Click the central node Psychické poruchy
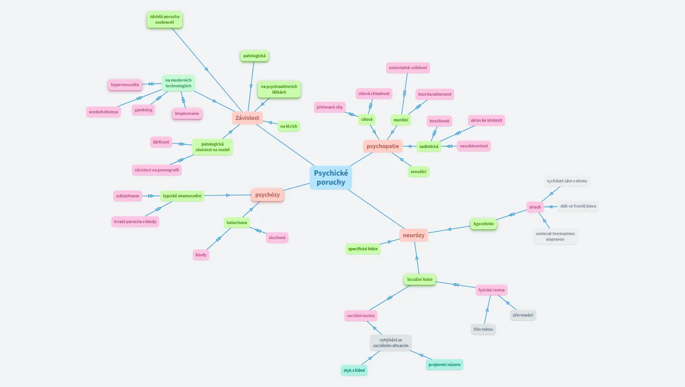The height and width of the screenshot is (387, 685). pyautogui.click(x=330, y=177)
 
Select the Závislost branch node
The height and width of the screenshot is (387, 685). pyautogui.click(x=247, y=118)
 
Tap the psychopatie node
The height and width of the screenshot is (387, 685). pyautogui.click(x=383, y=146)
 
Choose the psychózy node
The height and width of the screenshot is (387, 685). pyautogui.click(x=267, y=195)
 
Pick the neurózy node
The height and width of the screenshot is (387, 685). pyautogui.click(x=414, y=235)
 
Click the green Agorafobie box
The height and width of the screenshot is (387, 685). pyautogui.click(x=484, y=224)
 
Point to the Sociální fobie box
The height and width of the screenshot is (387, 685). pyautogui.click(x=420, y=279)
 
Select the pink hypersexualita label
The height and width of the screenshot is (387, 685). pyautogui.click(x=125, y=85)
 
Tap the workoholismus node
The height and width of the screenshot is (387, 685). pyautogui.click(x=103, y=112)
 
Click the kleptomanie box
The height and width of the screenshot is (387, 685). pyautogui.click(x=187, y=113)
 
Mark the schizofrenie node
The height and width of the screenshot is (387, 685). pyautogui.click(x=128, y=196)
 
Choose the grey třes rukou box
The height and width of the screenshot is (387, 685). pyautogui.click(x=484, y=330)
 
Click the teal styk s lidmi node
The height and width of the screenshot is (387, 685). pyautogui.click(x=354, y=370)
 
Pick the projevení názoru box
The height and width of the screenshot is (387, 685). pyautogui.click(x=444, y=364)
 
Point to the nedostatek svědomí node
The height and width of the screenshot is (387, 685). pyautogui.click(x=408, y=68)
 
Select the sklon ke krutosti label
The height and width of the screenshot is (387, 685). pyautogui.click(x=486, y=120)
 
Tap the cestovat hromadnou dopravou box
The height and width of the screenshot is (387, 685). pyautogui.click(x=555, y=236)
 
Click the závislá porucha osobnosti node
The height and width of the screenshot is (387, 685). pyautogui.click(x=164, y=20)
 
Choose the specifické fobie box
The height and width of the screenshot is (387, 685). pyautogui.click(x=363, y=248)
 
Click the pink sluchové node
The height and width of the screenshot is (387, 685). pyautogui.click(x=277, y=237)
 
